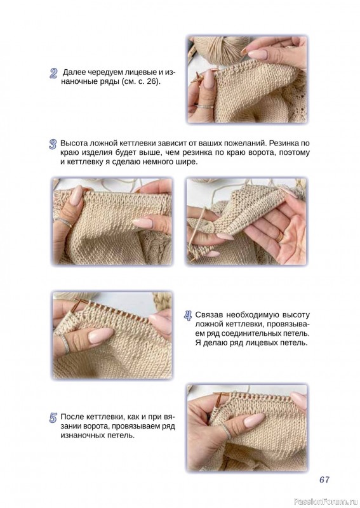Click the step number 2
(53, 74)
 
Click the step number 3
(53, 144)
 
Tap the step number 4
(188, 316)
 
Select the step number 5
(53, 418)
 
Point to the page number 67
(324, 479)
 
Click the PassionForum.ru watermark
(326, 502)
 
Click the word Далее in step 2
(74, 72)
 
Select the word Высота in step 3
(74, 144)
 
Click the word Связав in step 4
(209, 314)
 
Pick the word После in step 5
(72, 417)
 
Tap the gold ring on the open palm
(279, 237)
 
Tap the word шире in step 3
(186, 162)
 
